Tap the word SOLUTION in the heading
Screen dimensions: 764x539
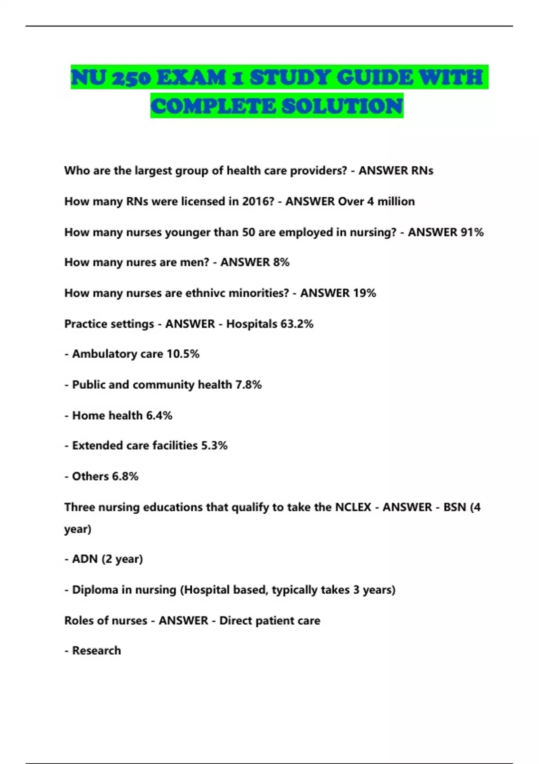(x=342, y=106)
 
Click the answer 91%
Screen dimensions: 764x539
(x=472, y=232)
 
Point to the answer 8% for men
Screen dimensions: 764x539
(x=281, y=262)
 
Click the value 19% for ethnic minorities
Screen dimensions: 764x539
(x=364, y=293)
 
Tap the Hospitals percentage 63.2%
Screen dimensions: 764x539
(x=297, y=324)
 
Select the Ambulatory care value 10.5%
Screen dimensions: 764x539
(x=183, y=354)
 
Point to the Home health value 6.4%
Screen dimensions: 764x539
(x=159, y=415)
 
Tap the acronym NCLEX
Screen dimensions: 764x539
(x=353, y=507)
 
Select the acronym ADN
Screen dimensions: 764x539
(x=85, y=559)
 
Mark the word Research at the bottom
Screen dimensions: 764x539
(x=97, y=651)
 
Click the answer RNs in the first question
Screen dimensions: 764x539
(x=422, y=171)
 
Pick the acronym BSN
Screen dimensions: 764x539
(x=455, y=507)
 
